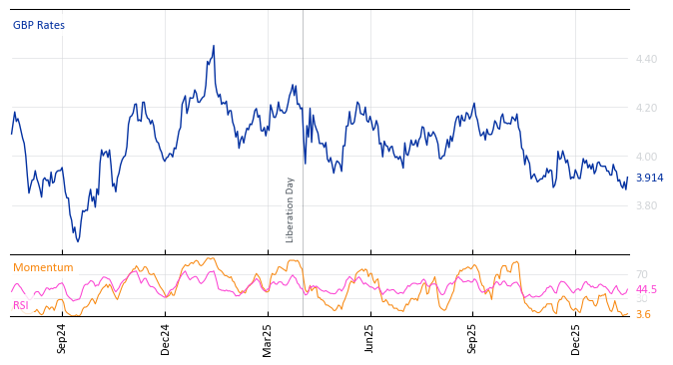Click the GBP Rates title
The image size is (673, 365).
(x=39, y=25)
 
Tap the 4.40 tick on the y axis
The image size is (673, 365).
(x=646, y=60)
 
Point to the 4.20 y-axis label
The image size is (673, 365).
(x=646, y=109)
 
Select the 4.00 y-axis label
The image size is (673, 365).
(x=646, y=158)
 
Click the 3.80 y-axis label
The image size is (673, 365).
(x=646, y=206)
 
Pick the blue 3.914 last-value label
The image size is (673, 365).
(x=649, y=179)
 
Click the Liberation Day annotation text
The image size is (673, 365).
(x=291, y=209)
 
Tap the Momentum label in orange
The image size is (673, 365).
(x=43, y=268)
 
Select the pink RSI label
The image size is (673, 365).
(x=21, y=306)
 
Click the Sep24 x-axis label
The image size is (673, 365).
(x=62, y=338)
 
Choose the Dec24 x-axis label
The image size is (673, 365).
(x=166, y=338)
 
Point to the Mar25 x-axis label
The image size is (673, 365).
(x=268, y=338)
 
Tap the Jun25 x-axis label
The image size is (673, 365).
(x=370, y=338)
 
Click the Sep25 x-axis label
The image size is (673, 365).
(x=473, y=338)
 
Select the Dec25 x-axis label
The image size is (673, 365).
(x=576, y=338)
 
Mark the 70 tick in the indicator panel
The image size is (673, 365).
(x=641, y=275)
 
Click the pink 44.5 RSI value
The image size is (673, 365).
(x=646, y=290)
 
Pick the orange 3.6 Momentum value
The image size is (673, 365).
(x=643, y=315)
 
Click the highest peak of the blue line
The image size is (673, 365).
(x=214, y=46)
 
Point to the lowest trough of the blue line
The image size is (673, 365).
(x=78, y=241)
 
